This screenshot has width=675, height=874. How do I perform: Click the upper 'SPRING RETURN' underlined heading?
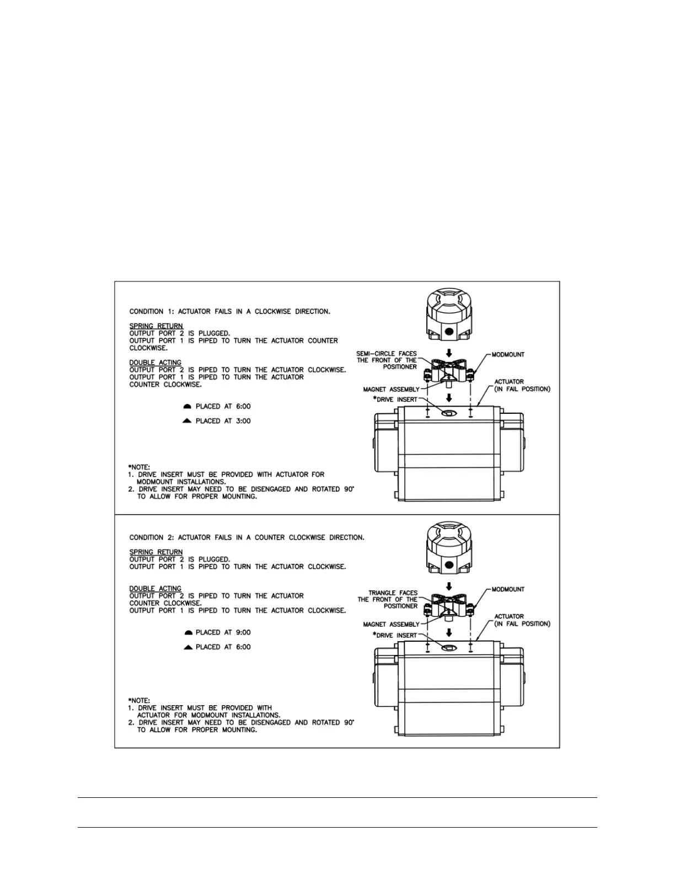156,326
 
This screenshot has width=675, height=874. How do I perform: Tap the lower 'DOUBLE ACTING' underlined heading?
156,589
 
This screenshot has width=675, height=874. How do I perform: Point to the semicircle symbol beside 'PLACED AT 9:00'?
187,632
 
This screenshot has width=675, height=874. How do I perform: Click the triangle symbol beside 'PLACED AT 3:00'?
187,421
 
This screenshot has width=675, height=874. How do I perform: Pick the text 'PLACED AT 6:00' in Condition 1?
223,407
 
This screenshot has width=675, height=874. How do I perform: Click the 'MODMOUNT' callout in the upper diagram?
508,355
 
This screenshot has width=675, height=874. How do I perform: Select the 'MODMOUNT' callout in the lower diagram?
508,589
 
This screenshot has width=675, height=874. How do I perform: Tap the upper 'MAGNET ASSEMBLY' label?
391,390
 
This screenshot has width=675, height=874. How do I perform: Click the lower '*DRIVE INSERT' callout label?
395,635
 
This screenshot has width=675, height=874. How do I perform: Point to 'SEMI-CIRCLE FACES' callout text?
387,354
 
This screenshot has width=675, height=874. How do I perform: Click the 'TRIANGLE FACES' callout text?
393,593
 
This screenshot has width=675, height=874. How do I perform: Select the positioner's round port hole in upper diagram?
449,331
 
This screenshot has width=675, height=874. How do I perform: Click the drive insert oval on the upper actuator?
448,413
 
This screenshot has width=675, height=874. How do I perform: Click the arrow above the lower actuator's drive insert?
449,632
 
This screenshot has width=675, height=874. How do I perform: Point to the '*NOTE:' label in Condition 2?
139,701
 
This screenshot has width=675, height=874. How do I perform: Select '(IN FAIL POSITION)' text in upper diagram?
522,389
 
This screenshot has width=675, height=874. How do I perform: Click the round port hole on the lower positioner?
449,565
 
